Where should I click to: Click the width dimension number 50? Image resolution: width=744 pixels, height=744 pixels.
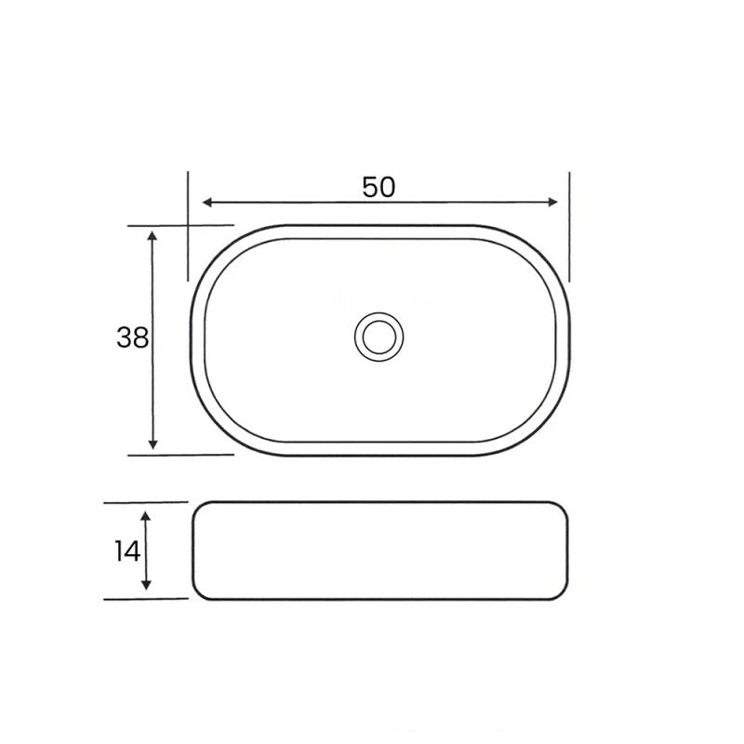coord(379,187)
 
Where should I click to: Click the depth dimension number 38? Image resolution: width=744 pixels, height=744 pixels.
coord(132,338)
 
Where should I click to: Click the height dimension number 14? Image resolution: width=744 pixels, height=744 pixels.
coord(128,551)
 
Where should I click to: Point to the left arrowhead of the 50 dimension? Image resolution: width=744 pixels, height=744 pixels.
coord(206,203)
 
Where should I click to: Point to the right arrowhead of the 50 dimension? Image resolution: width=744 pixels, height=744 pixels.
coord(554,203)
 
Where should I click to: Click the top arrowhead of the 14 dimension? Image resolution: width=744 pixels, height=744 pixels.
coord(146,515)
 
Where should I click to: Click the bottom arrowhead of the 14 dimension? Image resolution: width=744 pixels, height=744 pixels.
coord(146,585)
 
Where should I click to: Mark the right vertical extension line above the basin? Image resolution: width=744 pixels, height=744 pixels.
coord(569,223)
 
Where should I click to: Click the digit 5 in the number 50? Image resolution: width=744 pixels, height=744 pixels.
coord(370,187)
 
